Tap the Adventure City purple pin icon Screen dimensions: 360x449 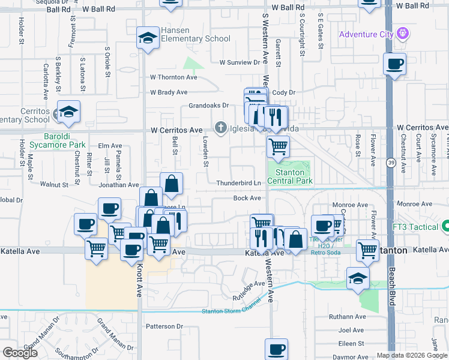(403, 34)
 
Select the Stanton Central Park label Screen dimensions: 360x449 (290, 176)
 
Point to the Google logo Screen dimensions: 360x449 (20, 352)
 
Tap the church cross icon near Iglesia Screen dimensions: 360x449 (221, 127)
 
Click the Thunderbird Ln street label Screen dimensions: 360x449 (238, 183)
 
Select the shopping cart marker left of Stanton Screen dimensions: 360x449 (367, 250)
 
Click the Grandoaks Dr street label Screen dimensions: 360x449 (209, 105)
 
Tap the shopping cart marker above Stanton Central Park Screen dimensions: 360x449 (277, 146)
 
